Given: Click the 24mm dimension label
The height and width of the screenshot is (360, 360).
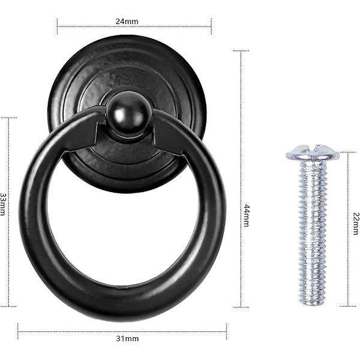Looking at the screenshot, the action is click(x=127, y=22).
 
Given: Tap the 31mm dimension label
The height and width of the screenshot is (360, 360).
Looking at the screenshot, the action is click(x=127, y=338).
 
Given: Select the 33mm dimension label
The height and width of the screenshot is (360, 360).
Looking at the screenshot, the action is click(x=3, y=204).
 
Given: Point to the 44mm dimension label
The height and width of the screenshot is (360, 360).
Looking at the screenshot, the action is click(x=247, y=215).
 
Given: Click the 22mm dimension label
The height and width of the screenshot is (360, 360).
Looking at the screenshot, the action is click(x=356, y=224).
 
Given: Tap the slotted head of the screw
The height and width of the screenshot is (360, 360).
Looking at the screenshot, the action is click(x=313, y=152).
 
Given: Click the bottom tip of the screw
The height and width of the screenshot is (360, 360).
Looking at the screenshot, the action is click(x=312, y=305).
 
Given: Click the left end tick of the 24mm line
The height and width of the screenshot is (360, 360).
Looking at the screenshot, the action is click(x=57, y=26).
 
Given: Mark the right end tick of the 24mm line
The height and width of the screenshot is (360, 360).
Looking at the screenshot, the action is click(x=211, y=26).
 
